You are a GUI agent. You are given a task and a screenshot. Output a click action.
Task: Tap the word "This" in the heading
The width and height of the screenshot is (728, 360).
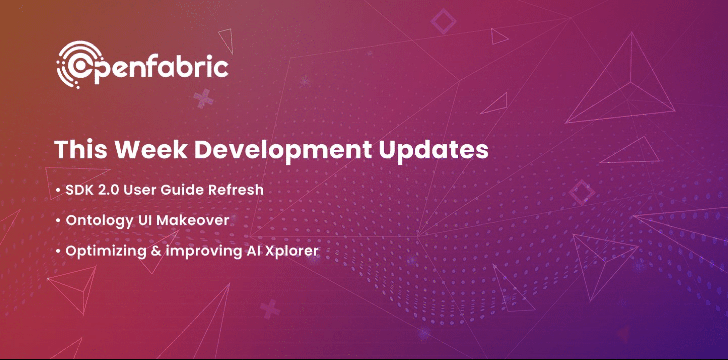coord(81,149)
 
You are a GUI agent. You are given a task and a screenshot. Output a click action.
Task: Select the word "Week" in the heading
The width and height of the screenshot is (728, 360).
coord(151,149)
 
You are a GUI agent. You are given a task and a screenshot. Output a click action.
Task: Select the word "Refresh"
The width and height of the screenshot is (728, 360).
coord(236,190)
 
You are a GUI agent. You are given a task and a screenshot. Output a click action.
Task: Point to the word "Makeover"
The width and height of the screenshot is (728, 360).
coord(193,220)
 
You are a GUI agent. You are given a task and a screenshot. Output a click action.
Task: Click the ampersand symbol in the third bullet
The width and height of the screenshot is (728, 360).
coord(156,251)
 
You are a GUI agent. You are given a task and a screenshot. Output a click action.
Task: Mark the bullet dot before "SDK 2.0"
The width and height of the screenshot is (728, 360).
coord(58,190)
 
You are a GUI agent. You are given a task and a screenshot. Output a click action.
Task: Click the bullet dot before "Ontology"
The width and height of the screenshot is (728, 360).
coord(58,221)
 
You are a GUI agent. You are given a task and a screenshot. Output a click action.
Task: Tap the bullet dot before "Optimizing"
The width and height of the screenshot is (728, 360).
coord(58,251)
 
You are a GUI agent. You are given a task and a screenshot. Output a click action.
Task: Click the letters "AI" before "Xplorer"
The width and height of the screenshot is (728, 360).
coord(254,251)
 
